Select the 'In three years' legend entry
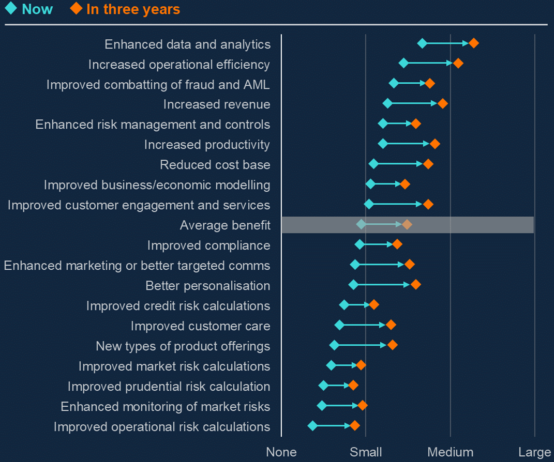126,9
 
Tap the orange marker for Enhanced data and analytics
473,43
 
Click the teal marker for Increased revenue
387,103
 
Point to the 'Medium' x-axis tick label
450,453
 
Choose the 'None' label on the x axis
281,453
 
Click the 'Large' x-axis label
534,453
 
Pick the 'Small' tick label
366,453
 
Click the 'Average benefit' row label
225,225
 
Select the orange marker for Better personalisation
415,285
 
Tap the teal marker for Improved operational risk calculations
312,426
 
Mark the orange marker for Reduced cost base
428,164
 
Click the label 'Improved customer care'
200,326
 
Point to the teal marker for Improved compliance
360,244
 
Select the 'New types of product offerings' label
183,346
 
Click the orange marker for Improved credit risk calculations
374,305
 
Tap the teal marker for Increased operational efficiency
403,64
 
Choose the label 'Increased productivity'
207,145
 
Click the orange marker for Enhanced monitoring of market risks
362,405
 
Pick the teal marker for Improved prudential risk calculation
323,385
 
